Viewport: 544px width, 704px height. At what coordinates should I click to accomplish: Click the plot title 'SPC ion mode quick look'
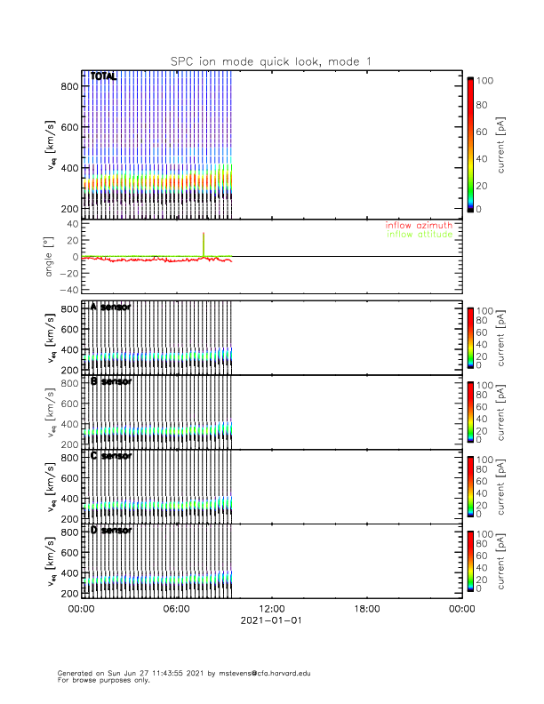pyautogui.click(x=271, y=60)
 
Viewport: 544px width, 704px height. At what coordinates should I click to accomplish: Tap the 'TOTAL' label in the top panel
pyautogui.click(x=104, y=77)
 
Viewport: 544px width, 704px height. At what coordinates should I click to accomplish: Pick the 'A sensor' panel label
pyautogui.click(x=111, y=307)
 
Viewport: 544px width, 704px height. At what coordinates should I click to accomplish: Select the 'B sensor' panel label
pyautogui.click(x=111, y=381)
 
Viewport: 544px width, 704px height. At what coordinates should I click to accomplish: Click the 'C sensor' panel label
pyautogui.click(x=111, y=456)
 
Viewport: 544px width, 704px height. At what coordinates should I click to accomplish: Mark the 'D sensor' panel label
pyautogui.click(x=111, y=531)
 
